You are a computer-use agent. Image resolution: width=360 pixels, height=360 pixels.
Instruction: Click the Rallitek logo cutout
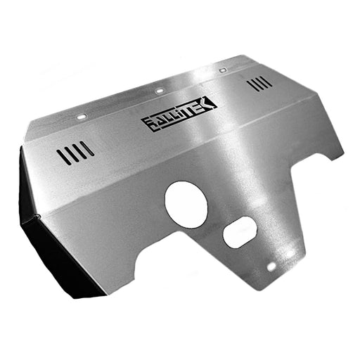point(179,115)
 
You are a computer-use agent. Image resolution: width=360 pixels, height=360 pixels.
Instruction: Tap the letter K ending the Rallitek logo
point(210,104)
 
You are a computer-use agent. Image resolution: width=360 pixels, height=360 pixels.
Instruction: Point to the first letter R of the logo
point(148,125)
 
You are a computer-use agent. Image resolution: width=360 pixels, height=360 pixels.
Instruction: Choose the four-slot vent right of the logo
point(259,84)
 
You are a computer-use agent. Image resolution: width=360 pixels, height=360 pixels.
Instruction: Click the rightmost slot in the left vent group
point(89,148)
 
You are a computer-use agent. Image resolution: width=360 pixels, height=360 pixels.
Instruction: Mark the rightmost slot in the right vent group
point(269,81)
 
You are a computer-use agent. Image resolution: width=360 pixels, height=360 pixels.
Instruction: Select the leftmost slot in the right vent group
point(250,86)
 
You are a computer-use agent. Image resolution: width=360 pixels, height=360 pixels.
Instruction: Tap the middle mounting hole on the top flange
point(160,91)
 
